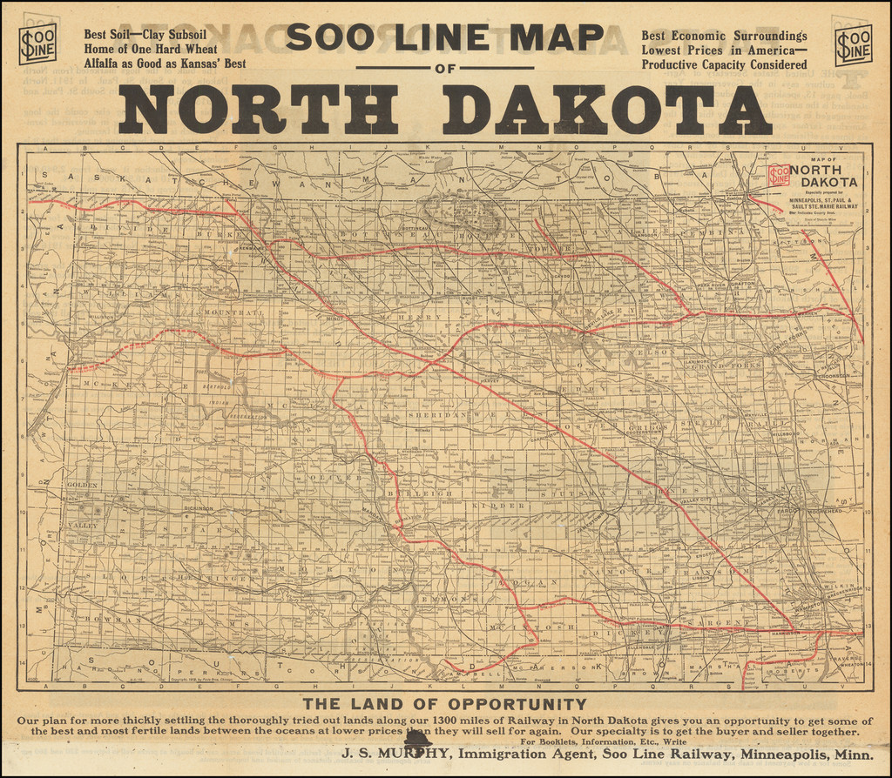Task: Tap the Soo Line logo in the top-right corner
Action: coord(853,44)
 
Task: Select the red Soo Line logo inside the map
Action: coord(778,174)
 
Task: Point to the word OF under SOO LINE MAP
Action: coord(444,68)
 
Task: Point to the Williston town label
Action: coord(102,318)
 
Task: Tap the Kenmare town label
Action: coord(251,247)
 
